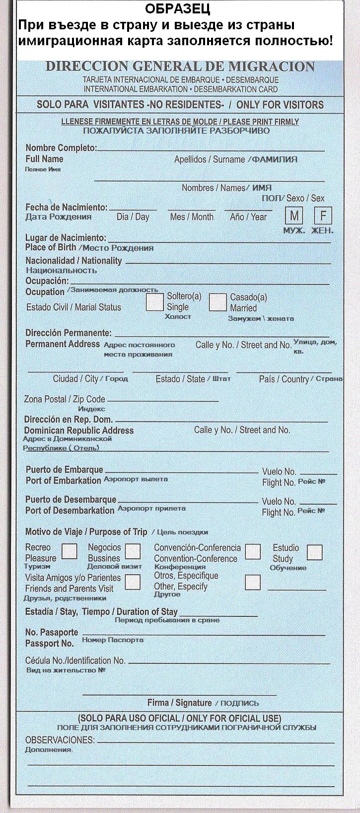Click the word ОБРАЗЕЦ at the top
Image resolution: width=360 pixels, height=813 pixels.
click(x=177, y=8)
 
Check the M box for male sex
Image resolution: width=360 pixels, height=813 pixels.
click(x=294, y=216)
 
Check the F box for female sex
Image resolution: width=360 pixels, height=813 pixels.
click(x=323, y=216)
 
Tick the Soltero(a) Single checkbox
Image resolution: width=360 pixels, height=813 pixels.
click(x=155, y=302)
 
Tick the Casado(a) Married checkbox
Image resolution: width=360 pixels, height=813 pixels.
click(x=217, y=302)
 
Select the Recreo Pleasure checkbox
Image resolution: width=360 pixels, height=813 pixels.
click(x=69, y=551)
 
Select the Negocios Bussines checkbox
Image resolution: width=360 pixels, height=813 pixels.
click(x=133, y=551)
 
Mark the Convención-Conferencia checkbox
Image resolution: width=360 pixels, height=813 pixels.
click(x=253, y=551)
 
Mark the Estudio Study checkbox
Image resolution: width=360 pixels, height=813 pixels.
click(x=314, y=552)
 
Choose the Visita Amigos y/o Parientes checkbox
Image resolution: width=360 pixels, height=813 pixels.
click(x=133, y=582)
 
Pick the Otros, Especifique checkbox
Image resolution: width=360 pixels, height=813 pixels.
click(x=253, y=582)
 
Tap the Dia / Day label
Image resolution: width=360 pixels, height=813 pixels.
click(x=133, y=217)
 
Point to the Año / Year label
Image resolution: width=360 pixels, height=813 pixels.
click(x=248, y=217)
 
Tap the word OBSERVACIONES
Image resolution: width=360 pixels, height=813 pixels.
click(x=60, y=739)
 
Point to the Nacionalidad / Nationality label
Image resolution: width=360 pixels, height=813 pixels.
click(x=73, y=261)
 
